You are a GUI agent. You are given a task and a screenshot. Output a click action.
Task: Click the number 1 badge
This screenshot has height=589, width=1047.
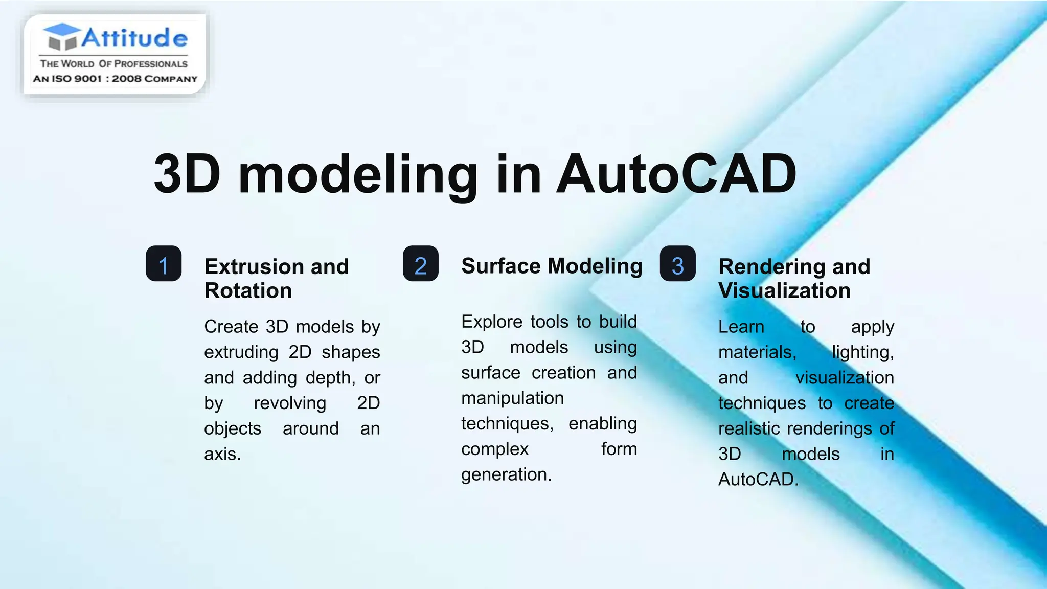164,264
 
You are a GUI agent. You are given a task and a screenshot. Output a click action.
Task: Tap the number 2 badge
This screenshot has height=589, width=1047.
420,264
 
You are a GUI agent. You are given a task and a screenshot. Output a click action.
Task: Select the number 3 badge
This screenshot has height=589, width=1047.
677,264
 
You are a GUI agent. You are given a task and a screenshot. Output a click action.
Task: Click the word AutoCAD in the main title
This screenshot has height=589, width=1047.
676,174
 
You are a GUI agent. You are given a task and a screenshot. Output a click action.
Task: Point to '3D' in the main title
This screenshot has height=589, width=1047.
187,174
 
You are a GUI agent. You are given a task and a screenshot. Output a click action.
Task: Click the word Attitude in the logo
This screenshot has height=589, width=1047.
134,38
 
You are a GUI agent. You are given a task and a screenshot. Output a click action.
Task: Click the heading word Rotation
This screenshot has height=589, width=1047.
248,291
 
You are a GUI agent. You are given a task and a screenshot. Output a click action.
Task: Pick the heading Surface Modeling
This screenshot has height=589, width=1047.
552,266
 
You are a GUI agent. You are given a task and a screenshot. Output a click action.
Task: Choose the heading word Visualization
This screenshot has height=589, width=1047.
784,291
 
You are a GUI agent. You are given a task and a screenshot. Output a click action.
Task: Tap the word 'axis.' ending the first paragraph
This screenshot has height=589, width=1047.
222,454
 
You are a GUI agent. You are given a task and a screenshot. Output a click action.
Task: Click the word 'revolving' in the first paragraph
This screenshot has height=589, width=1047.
290,403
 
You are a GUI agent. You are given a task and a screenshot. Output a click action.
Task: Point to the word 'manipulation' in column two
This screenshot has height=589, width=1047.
512,398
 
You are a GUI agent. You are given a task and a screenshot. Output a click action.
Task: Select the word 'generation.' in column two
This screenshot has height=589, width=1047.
506,474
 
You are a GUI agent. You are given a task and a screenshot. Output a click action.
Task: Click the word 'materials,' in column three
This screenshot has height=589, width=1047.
757,352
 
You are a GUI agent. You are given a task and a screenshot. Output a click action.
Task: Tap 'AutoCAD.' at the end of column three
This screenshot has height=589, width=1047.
758,480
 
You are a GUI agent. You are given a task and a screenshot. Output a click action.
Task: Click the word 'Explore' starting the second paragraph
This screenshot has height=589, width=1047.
492,322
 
